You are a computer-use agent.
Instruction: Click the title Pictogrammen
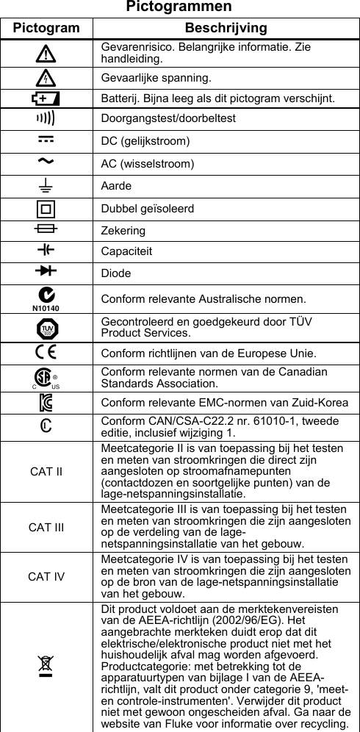pyautogui.click(x=179, y=7)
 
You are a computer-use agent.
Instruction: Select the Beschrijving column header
pyautogui.click(x=226, y=28)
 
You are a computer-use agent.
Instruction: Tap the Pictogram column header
pyautogui.click(x=46, y=28)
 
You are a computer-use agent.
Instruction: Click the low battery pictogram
pyautogui.click(x=46, y=98)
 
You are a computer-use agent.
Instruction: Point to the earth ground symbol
pyautogui.click(x=46, y=185)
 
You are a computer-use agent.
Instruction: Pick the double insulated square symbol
pyautogui.click(x=46, y=208)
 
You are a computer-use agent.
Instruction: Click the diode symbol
pyautogui.click(x=46, y=272)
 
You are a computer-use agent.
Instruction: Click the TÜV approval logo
pyautogui.click(x=46, y=327)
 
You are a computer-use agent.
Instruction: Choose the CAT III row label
pyautogui.click(x=46, y=527)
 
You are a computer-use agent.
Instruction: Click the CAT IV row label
pyautogui.click(x=46, y=576)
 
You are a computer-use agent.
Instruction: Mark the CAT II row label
pyautogui.click(x=46, y=471)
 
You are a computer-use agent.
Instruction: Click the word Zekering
pyautogui.click(x=123, y=231)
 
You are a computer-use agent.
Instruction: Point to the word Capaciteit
pyautogui.click(x=127, y=251)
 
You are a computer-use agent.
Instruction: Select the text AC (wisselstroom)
pyautogui.click(x=148, y=163)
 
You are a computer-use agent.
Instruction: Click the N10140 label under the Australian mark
pyautogui.click(x=46, y=309)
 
